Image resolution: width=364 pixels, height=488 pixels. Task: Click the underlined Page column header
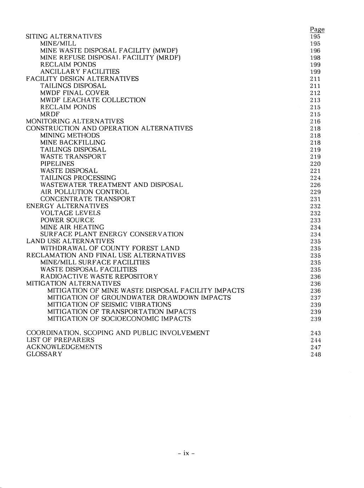click(x=317, y=30)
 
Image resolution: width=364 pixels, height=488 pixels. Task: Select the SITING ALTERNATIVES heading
click(x=64, y=36)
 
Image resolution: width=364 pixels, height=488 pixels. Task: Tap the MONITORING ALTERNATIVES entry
click(x=75, y=121)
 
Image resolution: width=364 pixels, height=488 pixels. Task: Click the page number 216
click(x=315, y=122)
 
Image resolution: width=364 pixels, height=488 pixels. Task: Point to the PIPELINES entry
click(x=57, y=164)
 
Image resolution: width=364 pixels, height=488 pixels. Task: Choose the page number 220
click(x=315, y=164)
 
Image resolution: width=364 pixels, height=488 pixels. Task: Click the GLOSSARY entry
click(x=44, y=354)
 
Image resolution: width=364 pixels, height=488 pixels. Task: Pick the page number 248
click(x=315, y=355)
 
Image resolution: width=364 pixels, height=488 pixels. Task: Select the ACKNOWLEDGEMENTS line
click(x=64, y=347)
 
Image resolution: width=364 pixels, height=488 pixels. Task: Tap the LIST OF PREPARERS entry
click(x=61, y=340)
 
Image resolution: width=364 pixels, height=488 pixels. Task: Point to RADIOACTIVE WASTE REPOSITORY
click(x=99, y=276)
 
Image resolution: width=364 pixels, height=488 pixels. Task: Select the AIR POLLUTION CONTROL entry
click(x=85, y=192)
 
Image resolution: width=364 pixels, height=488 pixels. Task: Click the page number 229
click(x=315, y=192)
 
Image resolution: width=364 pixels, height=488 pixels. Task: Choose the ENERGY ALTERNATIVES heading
click(x=67, y=206)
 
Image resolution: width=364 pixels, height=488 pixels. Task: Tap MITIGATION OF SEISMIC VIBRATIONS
click(x=109, y=304)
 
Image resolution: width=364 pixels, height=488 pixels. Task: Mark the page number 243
click(x=315, y=333)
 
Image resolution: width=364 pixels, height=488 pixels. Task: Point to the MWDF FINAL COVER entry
click(x=75, y=93)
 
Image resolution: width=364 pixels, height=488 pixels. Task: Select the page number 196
click(x=315, y=51)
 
